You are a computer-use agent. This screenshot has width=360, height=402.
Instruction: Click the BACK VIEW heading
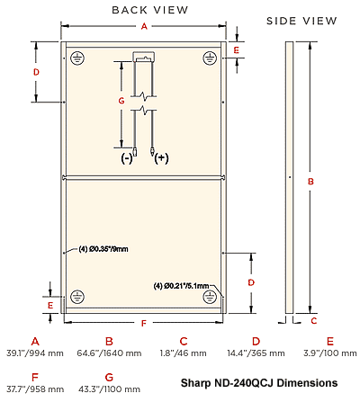pyautogui.click(x=150, y=10)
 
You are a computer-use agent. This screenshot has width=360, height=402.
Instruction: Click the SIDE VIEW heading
pyautogui.click(x=301, y=21)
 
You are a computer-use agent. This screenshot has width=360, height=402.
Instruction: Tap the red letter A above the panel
pyautogui.click(x=144, y=26)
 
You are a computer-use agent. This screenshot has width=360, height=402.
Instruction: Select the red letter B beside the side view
pyautogui.click(x=310, y=182)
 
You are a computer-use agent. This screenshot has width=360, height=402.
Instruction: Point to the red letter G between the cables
pyautogui.click(x=121, y=101)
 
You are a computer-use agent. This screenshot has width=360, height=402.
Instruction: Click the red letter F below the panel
pyautogui.click(x=144, y=323)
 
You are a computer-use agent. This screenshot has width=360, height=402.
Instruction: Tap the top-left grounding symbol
pyautogui.click(x=77, y=58)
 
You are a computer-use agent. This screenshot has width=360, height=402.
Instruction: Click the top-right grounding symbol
pyautogui.click(x=210, y=58)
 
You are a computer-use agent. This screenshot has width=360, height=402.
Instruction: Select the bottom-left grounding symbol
pyautogui.click(x=77, y=297)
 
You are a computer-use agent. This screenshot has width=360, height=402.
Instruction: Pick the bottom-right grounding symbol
pyautogui.click(x=210, y=297)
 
